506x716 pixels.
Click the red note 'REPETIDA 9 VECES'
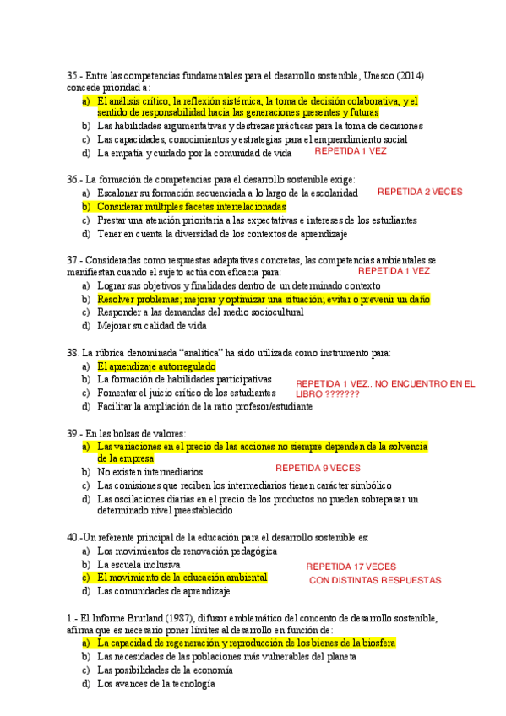318,467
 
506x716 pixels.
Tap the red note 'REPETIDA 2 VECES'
420,192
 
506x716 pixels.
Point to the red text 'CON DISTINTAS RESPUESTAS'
375,581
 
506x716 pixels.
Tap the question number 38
72,352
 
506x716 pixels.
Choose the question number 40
72,537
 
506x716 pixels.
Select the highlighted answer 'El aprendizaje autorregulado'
156,366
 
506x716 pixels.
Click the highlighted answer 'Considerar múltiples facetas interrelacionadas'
192,206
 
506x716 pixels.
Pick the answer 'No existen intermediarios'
150,472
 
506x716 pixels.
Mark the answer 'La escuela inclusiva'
139,564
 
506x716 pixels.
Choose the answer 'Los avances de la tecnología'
156,684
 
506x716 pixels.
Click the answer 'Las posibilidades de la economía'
165,670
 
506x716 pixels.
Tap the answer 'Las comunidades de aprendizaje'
163,591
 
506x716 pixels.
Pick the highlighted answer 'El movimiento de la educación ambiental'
182,578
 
